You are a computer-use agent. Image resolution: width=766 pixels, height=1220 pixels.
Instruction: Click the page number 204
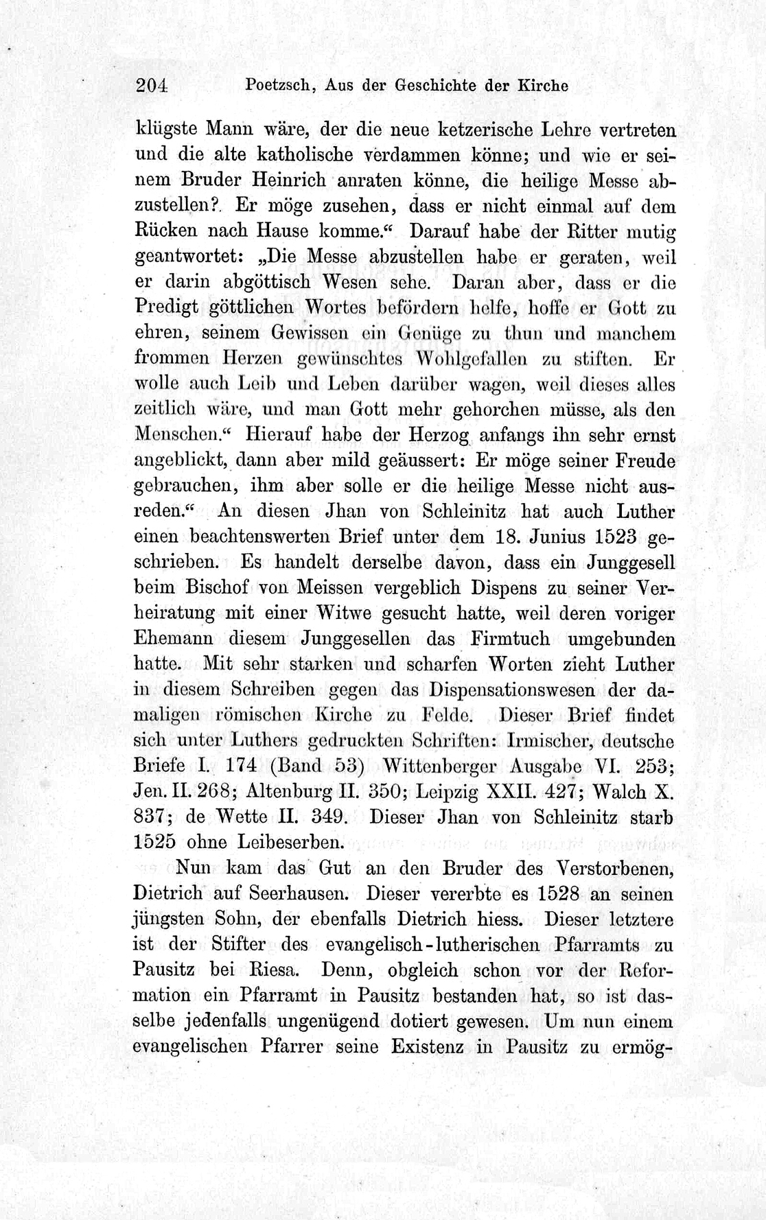152,86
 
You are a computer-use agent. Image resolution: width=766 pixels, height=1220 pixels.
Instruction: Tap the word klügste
165,128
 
